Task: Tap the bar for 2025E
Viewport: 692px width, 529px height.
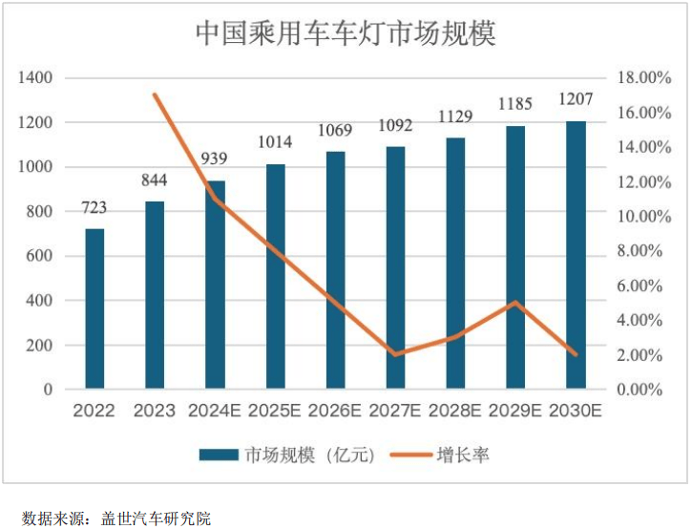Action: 275,277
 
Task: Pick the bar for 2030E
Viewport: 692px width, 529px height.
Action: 576,255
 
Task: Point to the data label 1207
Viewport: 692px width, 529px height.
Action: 576,98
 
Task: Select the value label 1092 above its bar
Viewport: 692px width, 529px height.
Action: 395,125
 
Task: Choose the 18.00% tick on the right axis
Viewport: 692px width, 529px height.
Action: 639,77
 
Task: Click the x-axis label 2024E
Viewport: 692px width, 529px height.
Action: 215,412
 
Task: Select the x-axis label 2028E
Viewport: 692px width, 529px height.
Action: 455,412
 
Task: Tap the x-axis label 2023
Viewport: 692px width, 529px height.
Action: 155,412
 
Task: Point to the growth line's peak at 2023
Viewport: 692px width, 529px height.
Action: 155,95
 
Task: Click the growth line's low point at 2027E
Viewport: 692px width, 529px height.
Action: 395,354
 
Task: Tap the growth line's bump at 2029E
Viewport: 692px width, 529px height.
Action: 516,303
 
